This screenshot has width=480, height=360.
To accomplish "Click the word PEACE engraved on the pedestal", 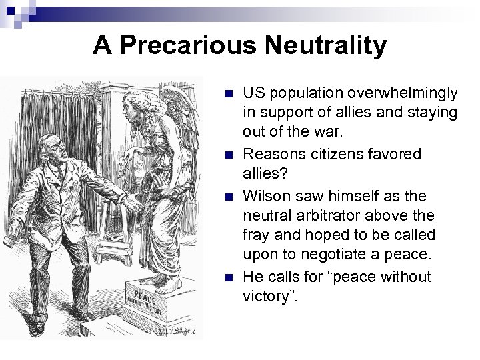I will (143, 294).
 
